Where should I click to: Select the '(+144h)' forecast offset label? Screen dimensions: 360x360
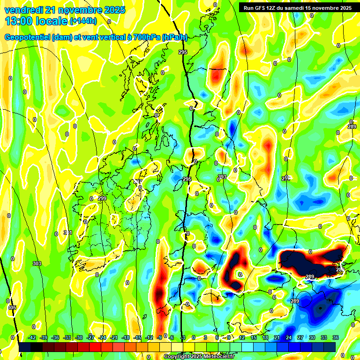[x=83, y=21]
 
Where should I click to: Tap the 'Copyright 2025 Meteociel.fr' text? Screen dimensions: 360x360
[x=199, y=356]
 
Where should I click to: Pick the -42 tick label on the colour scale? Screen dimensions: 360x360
[x=32, y=337]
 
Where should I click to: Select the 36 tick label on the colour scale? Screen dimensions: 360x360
[x=335, y=337]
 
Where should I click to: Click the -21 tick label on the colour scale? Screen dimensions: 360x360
[x=114, y=337]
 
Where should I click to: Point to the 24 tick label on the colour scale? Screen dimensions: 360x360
[x=288, y=337]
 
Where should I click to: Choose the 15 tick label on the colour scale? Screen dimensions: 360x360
[x=254, y=337]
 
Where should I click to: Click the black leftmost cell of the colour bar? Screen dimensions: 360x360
[x=25, y=347]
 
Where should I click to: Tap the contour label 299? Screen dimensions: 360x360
[x=102, y=199]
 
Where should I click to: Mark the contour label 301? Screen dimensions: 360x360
[x=68, y=232]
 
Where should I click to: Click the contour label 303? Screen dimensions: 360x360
[x=37, y=263]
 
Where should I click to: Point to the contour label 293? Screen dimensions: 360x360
[x=222, y=177]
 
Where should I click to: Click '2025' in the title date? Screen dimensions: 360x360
[x=114, y=10]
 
